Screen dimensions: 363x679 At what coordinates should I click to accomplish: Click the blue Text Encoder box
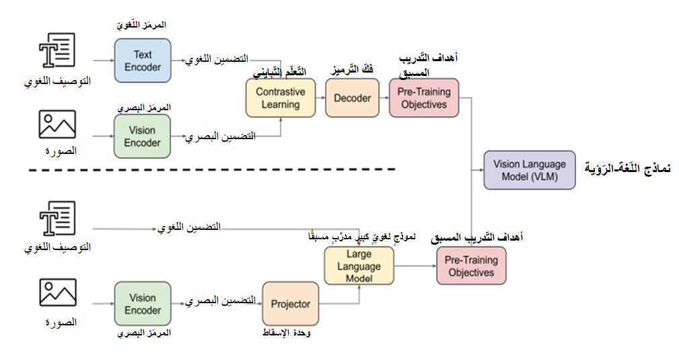pos(143,61)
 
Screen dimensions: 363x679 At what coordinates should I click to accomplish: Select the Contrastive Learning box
pos(280,98)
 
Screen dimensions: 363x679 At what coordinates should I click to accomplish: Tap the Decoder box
pos(353,98)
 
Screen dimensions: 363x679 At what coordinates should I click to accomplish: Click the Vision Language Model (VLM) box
pos(530,170)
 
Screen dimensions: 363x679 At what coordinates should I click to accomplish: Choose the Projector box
pos(290,305)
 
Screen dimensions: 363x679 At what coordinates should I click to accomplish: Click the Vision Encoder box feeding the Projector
pos(143,305)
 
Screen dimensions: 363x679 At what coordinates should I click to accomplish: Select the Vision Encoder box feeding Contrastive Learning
pos(143,136)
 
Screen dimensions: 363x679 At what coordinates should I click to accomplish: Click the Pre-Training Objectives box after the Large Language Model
pos(471,266)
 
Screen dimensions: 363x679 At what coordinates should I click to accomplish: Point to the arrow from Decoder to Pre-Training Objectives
pos(385,98)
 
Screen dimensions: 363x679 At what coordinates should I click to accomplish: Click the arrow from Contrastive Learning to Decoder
pos(320,98)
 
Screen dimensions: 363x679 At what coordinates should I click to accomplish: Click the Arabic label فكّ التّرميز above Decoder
pos(353,69)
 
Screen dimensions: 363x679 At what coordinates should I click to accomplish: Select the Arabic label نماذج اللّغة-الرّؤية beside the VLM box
pos(626,167)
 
